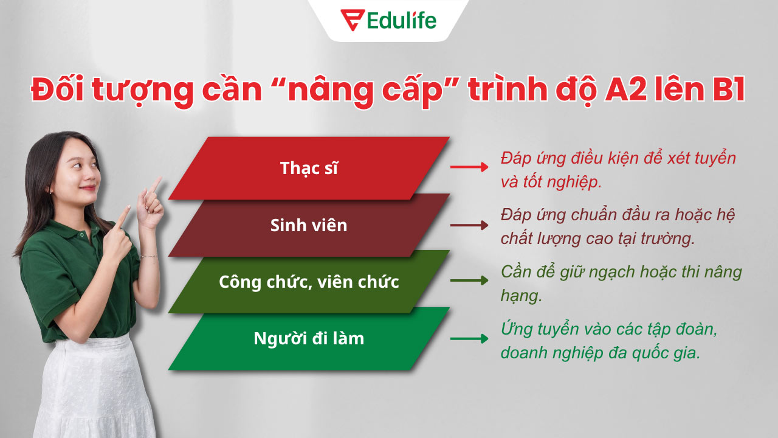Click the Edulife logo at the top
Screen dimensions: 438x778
[388, 19]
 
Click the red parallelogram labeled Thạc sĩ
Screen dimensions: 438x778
[309, 168]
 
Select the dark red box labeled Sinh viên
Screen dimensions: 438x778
[309, 225]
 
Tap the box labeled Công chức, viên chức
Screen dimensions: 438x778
[309, 282]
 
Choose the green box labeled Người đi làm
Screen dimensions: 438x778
[309, 339]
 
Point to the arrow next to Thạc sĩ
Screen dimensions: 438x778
[469, 167]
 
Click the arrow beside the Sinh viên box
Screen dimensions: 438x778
[469, 225]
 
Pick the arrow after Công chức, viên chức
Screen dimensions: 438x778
[469, 280]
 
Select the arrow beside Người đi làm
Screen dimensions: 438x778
[469, 339]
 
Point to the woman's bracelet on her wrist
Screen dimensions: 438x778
[148, 257]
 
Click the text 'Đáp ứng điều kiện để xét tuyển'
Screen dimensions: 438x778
[618, 158]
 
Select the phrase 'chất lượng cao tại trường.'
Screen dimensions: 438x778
[597, 238]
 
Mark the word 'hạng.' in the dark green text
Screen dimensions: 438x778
[521, 296]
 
